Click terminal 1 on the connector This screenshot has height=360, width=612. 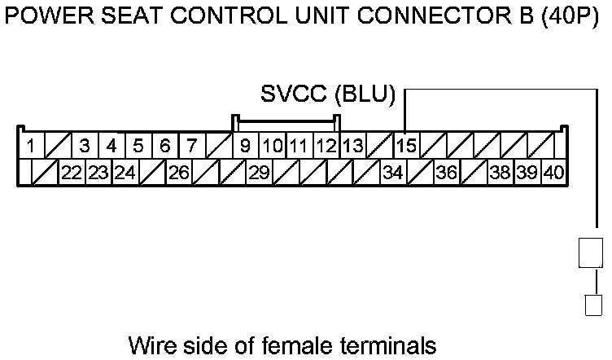29,147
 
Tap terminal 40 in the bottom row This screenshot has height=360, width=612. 553,173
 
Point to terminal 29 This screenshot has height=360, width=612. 259,173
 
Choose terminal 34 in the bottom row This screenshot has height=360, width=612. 392,173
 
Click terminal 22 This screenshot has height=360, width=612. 72,173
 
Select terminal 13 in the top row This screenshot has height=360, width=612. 352,147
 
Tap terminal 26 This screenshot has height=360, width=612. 178,173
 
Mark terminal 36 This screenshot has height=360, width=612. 446,173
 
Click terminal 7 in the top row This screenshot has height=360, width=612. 191,147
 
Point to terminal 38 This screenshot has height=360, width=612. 500,173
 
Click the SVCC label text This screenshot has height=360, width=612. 294,94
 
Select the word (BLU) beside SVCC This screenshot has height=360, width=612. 363,94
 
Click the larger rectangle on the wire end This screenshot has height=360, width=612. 591,252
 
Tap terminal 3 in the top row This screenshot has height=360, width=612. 84,147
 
